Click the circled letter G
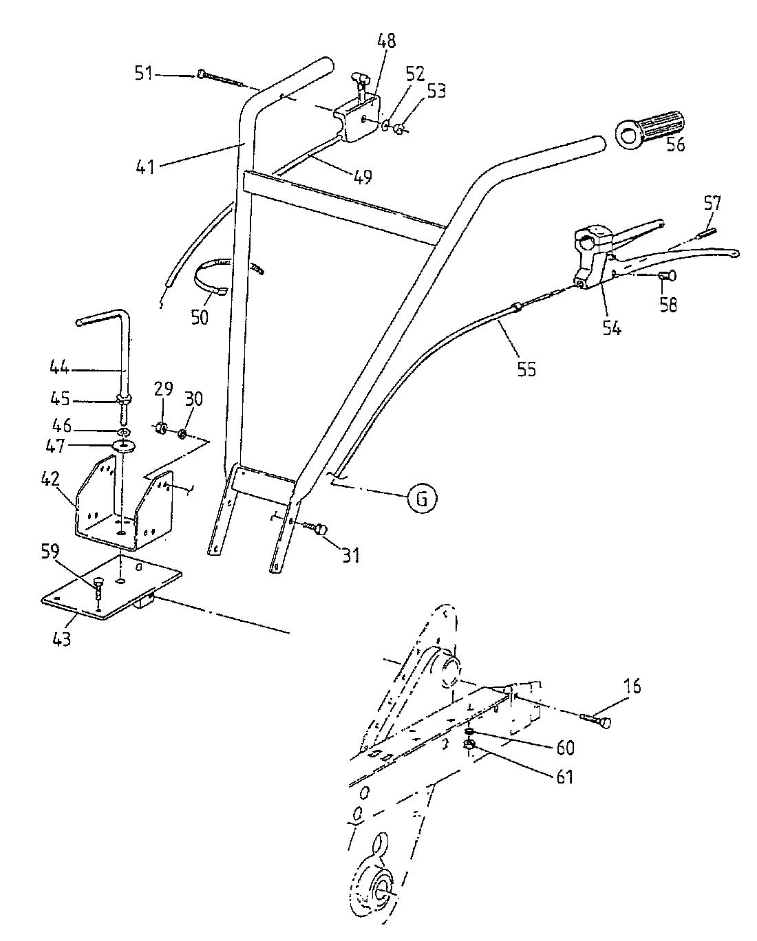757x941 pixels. click(x=421, y=499)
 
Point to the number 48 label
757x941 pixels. click(x=385, y=41)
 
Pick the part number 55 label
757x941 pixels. click(x=526, y=369)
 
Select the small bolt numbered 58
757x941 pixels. click(x=666, y=275)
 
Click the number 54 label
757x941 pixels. click(x=611, y=327)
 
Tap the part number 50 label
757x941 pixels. click(x=200, y=316)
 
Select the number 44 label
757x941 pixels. click(x=60, y=368)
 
